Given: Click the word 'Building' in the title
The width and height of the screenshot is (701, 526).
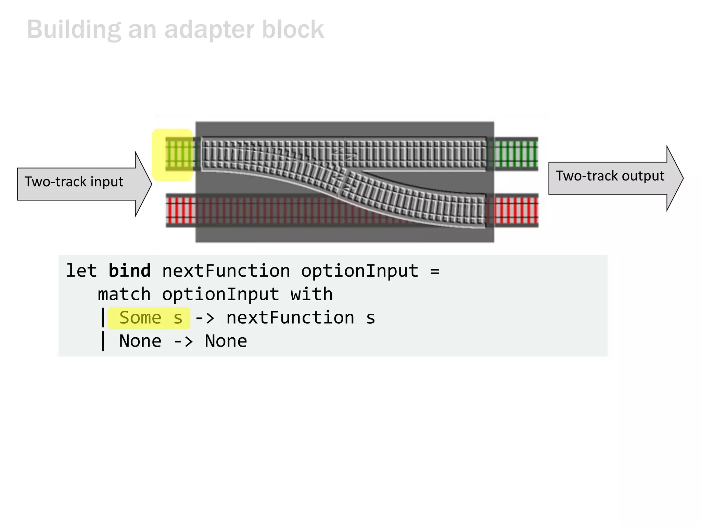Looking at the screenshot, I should pos(74,30).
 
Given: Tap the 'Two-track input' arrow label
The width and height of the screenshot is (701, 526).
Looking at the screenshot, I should pos(74,182).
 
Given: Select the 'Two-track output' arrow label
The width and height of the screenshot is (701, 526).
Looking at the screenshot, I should pos(610,176).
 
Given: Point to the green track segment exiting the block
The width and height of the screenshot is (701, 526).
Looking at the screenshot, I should pos(516,154).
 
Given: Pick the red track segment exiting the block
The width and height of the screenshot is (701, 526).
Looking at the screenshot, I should pos(516,210).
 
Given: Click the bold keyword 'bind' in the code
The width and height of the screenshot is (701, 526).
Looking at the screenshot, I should pos(129,271).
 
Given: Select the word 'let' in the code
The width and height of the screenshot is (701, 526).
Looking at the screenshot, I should pos(81,271).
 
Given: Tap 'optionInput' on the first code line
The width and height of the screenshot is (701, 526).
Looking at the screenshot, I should pos(359,271).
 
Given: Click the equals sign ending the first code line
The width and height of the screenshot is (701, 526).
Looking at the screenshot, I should pos(435,272).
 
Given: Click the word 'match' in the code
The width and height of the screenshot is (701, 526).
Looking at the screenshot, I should pos(124,295).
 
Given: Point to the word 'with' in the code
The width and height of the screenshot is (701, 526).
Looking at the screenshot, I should pos(311,295).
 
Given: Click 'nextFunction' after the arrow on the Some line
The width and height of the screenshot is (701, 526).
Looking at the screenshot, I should pos(290,318).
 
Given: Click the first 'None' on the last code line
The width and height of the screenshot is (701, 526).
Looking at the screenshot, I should pos(140,341).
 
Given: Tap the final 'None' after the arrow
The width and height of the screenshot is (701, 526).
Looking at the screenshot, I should pos(226,341).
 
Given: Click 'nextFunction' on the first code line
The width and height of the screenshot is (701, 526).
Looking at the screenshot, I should pos(226,271).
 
